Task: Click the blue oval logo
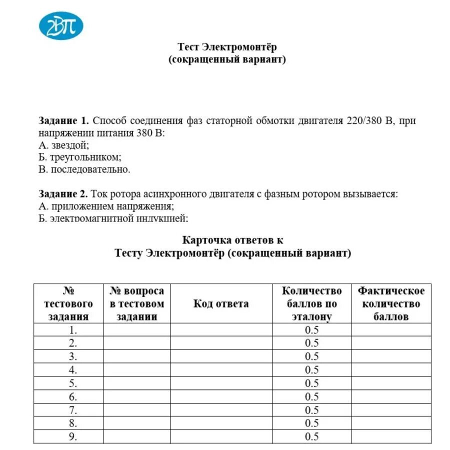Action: [61, 26]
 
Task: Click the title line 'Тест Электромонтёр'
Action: [227, 47]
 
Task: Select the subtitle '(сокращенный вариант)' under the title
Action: [227, 59]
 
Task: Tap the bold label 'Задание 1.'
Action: [64, 121]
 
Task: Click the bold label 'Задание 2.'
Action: [64, 194]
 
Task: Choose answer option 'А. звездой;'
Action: [63, 145]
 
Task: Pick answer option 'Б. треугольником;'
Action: [79, 157]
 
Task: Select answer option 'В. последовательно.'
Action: [84, 169]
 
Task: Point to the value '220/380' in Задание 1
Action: [364, 121]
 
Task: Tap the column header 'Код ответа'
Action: [221, 303]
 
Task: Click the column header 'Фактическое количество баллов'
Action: [391, 303]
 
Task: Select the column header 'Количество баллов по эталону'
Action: [311, 303]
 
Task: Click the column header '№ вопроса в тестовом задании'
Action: [136, 303]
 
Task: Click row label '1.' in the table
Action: [73, 330]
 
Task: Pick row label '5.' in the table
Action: [73, 383]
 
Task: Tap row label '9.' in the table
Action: [73, 437]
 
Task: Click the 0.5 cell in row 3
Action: [311, 356]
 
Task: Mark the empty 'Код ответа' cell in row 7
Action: [221, 410]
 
